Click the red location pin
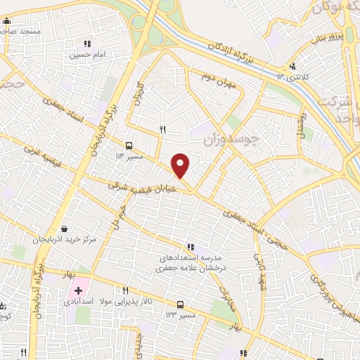click(x=181, y=165)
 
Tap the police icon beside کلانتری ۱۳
click(x=291, y=67)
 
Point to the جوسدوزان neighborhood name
click(x=231, y=140)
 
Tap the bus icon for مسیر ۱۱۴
click(x=128, y=146)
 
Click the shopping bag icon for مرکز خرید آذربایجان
click(x=65, y=229)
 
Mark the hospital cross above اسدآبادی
click(x=79, y=290)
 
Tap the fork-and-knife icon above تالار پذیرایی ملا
click(x=126, y=290)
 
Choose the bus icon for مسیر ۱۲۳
click(x=181, y=304)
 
